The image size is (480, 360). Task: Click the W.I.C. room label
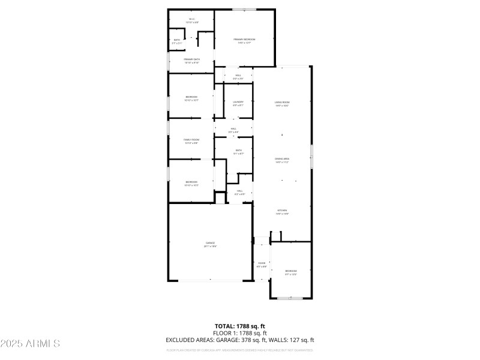[x=192, y=20]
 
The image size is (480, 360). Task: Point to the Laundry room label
[x=238, y=103]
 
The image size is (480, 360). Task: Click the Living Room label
[x=282, y=104]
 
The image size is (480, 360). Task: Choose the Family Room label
[x=191, y=141]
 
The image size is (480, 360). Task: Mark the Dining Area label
[x=282, y=160]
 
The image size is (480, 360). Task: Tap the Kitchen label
[x=282, y=212]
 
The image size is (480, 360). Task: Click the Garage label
[x=210, y=244]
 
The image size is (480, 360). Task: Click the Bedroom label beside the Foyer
[x=290, y=272]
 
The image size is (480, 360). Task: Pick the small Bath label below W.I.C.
[x=177, y=41]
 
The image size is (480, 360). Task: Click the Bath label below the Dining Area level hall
[x=239, y=152]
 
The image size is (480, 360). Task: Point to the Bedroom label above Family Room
[x=191, y=98]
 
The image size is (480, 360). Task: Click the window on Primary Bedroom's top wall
[x=245, y=10]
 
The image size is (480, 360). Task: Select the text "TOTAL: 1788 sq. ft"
[x=240, y=326]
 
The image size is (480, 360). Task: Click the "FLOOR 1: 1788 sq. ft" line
[x=240, y=333]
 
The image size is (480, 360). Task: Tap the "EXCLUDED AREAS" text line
[x=240, y=340]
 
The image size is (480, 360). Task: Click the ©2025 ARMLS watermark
[x=30, y=344]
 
